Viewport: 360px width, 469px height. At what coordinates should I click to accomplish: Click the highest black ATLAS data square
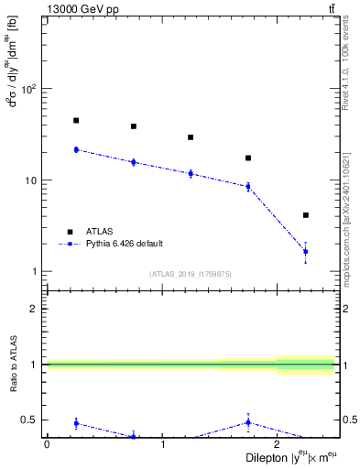(x=76, y=120)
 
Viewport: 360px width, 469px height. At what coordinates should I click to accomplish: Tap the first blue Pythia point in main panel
(x=76, y=149)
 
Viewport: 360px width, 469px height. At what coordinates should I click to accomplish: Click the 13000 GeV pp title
(x=38, y=8)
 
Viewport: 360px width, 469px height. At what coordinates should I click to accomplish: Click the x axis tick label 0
(x=47, y=444)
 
